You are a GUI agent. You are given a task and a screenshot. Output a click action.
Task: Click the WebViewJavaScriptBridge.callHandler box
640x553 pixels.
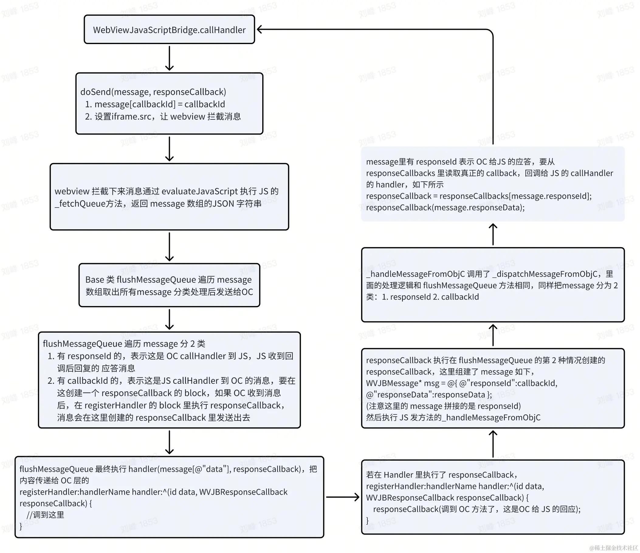pos(169,30)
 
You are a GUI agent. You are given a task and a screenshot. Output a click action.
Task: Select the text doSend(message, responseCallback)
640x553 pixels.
pos(153,92)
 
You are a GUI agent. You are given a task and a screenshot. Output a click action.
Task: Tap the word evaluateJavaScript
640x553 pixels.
pos(200,191)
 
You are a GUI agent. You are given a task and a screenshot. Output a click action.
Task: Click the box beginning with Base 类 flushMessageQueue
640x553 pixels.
pos(169,285)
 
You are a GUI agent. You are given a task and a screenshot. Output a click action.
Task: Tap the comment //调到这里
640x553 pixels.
pos(45,515)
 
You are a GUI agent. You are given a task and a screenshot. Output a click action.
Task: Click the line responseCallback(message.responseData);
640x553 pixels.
pos(445,208)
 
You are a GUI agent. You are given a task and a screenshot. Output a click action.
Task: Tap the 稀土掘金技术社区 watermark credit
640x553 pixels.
pos(614,548)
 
